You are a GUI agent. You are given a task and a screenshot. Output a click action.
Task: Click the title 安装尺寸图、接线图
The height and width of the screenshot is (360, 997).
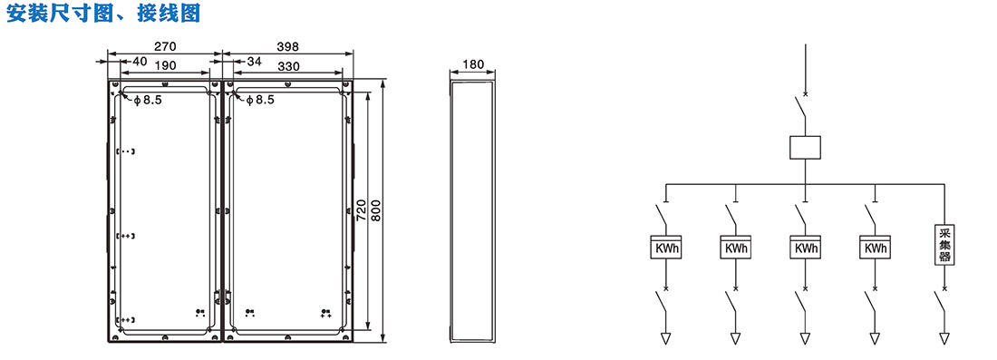(x=103, y=13)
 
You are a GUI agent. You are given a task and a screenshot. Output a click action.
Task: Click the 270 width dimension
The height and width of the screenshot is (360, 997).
(x=165, y=46)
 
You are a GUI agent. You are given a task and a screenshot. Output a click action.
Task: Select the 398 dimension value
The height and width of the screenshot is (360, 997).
(x=287, y=46)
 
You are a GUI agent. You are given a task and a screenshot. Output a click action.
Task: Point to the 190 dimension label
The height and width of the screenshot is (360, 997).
(x=165, y=64)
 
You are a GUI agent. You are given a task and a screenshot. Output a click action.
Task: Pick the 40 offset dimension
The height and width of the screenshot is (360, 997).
(x=140, y=63)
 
